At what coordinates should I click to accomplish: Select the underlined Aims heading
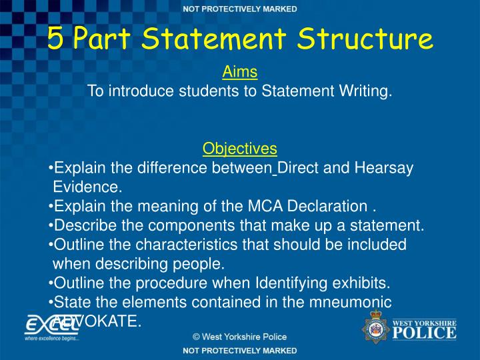240,71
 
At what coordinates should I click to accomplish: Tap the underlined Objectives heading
240,148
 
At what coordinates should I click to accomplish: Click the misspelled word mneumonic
357,302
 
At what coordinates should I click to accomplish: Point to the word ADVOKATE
99,321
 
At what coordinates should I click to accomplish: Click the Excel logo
52,327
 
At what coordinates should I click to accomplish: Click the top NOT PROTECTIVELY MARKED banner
240,9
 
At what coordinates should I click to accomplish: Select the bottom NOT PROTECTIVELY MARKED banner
240,350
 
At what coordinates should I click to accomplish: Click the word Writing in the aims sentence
365,91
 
